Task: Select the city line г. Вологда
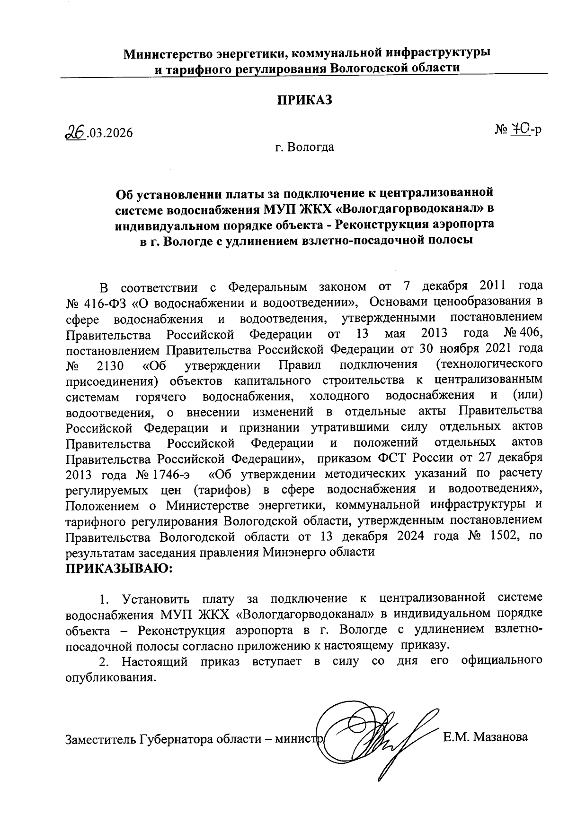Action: click(305, 147)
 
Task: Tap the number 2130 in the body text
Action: click(109, 365)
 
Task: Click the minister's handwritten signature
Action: click(379, 737)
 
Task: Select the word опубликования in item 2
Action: click(110, 677)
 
